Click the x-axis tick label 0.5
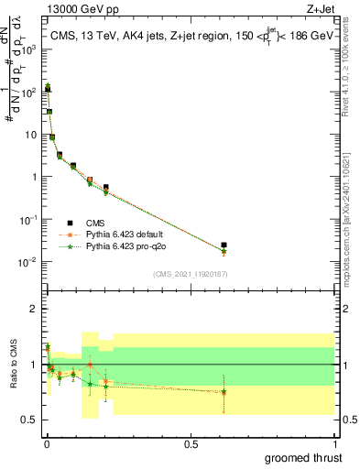[191, 443]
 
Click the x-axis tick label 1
[333, 443]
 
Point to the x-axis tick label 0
[47, 443]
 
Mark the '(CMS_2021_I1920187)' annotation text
[190, 274]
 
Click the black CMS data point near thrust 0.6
[224, 245]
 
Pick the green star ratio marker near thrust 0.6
[224, 392]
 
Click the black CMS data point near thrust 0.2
[106, 188]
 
